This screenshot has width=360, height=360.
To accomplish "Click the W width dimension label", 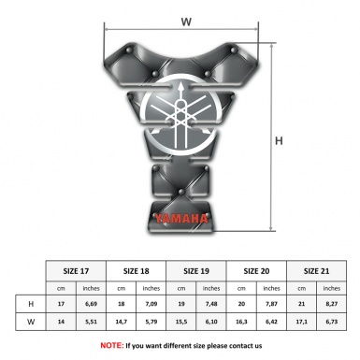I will [186, 21].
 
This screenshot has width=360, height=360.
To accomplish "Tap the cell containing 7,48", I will [212, 303].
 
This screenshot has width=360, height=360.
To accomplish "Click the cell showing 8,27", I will [332, 303].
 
